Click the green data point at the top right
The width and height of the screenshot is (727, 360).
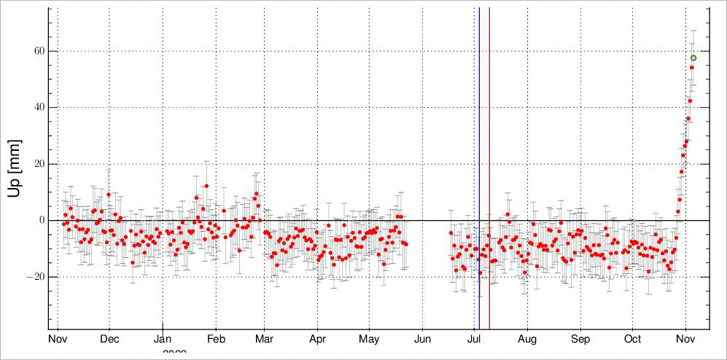(x=693, y=58)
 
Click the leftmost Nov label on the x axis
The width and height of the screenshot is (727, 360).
(x=58, y=340)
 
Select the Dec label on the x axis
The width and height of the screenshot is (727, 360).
(x=109, y=340)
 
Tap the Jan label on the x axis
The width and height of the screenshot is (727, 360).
(x=163, y=340)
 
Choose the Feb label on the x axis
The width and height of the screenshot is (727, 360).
(x=216, y=340)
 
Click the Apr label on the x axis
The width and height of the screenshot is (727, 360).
(x=317, y=340)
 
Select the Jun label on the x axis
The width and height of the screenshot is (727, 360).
(x=422, y=340)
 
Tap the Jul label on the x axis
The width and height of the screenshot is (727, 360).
(x=474, y=340)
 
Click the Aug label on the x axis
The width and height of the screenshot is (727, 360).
(x=527, y=340)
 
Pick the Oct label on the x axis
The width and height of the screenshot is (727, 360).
(x=632, y=340)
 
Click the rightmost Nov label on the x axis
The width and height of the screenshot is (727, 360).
(x=685, y=340)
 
